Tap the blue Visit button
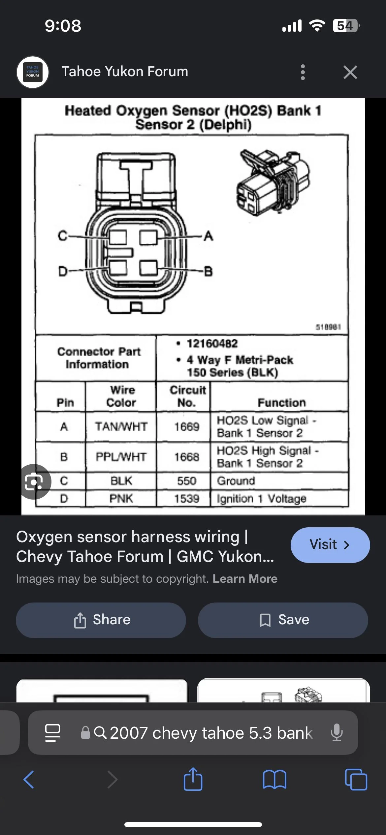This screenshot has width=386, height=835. pos(330,545)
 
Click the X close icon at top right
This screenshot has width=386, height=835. pos(350,72)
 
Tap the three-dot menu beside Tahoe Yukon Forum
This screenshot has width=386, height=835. pos(303,72)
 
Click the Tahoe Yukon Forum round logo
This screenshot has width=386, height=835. pos(33,72)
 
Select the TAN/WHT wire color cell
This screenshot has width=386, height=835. pos(121,427)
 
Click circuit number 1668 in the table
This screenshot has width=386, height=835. pos(187,457)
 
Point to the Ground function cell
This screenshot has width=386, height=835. pos(236,481)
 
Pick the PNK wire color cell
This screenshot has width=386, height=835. pos(121,498)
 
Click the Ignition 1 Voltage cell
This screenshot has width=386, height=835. pos(261,499)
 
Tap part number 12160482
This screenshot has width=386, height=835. pos(212,344)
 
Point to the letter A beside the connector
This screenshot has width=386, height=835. pos(209,236)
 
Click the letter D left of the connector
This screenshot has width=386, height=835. pos(63,271)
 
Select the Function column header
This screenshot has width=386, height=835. pos(281,403)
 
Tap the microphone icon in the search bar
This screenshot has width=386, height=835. pos(337,732)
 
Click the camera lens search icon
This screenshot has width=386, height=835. pos(34,482)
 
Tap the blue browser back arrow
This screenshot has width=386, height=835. pos(29,780)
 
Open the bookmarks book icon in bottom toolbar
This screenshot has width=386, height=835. pos(274,780)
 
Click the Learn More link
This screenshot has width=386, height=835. pos(245,579)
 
